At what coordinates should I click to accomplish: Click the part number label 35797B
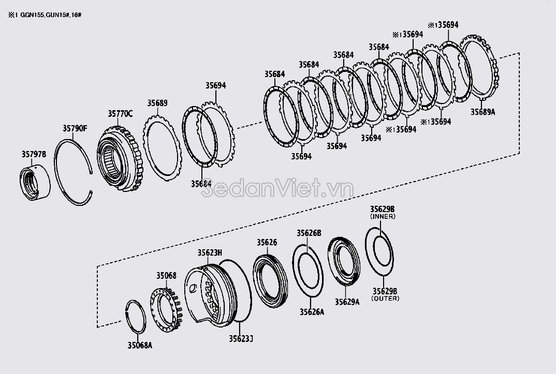pos(34,154)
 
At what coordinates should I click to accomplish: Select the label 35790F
pos(76,127)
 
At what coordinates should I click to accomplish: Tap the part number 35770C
pos(120,113)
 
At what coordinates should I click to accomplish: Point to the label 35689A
pos(483,111)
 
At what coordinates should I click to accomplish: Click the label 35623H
pos(210,253)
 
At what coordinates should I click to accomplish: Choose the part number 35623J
pos(241,339)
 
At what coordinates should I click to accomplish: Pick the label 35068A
pos(140,345)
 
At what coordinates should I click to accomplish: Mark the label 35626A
pos(312,311)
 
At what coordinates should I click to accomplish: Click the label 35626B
pos(309,233)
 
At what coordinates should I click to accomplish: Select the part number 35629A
pos(347,302)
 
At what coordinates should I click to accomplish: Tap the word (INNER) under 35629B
pos(383,217)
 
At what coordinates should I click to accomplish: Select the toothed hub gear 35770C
pos(119,160)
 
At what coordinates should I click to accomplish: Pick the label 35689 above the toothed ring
pos(157,103)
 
